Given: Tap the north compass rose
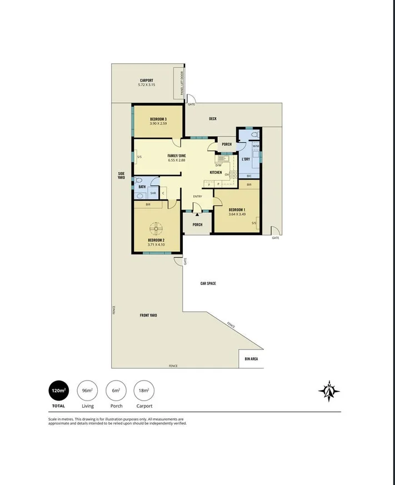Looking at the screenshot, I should tap(329, 391).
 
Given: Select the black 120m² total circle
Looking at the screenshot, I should tap(58, 391).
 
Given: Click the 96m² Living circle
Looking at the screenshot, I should tap(87, 391).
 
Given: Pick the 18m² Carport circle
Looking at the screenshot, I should tap(143, 391).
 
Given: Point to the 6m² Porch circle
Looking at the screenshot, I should tap(115, 391).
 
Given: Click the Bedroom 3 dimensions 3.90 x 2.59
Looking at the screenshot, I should tap(158, 123).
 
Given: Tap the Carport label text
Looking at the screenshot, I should tap(147, 80).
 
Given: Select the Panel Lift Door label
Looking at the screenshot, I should tap(182, 83).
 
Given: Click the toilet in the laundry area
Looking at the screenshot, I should tap(253, 135).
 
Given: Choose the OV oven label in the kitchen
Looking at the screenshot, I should tap(227, 174).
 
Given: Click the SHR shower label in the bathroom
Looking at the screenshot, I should tap(152, 193).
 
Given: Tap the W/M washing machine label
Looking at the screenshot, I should tap(256, 147).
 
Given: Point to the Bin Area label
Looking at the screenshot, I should tap(251, 359).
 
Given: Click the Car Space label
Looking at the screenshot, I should tap(208, 283).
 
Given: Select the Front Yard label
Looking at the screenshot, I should tap(148, 315).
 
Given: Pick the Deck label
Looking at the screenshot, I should tap(213, 118).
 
